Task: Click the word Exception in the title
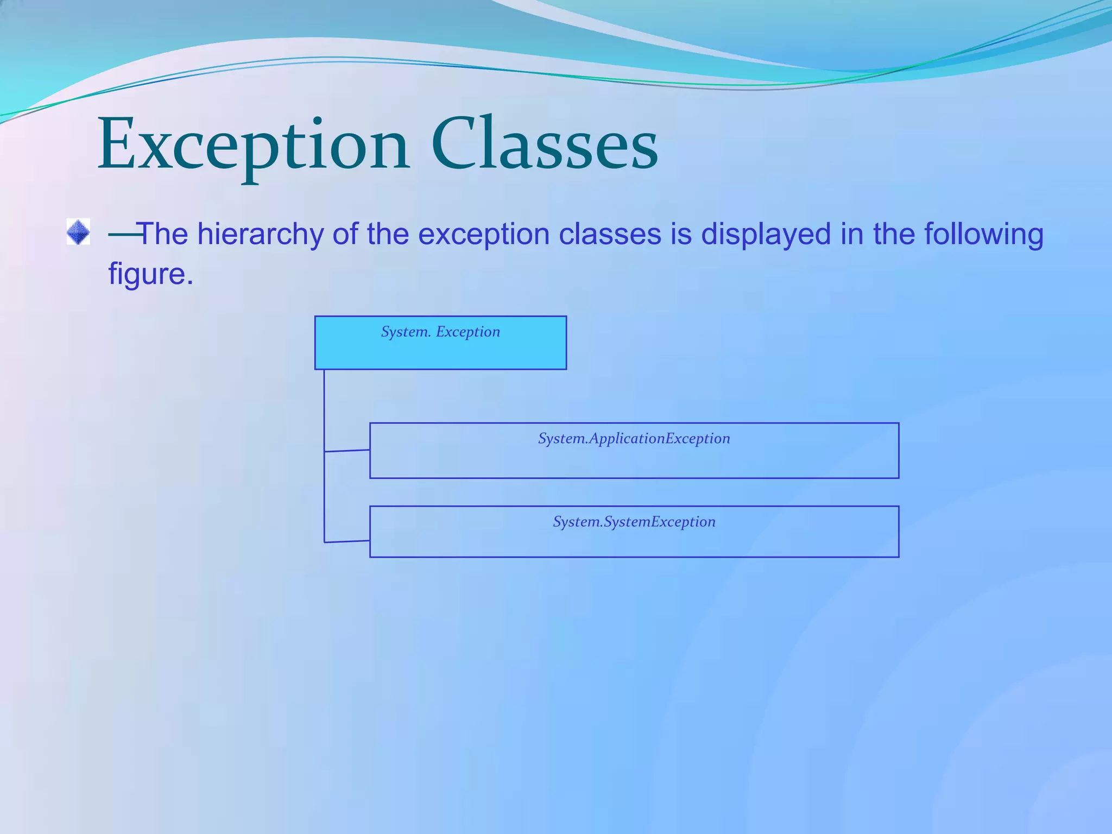[x=253, y=146]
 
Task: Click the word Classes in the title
[x=545, y=146]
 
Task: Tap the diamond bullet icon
[x=78, y=232]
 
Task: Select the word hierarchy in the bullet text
[x=260, y=235]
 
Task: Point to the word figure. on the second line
[x=150, y=274]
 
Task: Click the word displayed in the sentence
[x=766, y=235]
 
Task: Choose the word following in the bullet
[x=984, y=235]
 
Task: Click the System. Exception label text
[x=440, y=332]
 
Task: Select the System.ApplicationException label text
[x=634, y=439]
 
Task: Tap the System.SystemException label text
[x=634, y=522]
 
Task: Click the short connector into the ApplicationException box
[x=347, y=451]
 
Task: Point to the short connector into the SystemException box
[x=347, y=541]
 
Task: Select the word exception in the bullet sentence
[x=484, y=235]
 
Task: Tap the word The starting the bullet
[x=162, y=235]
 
